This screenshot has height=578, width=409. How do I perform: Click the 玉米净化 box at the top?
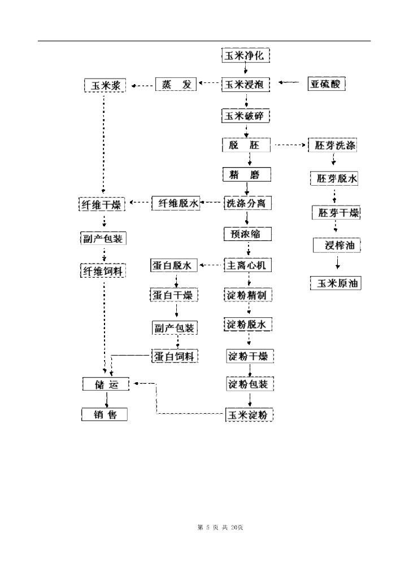point(245,55)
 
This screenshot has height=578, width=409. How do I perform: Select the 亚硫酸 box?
point(327,85)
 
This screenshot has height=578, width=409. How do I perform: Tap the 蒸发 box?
point(175,85)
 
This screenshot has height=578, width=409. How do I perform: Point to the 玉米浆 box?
point(105,86)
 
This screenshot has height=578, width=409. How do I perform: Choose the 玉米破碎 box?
point(245,116)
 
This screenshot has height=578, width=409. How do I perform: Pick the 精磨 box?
point(247,174)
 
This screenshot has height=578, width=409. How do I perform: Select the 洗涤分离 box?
point(247,204)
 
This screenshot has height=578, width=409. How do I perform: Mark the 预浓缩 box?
point(247,234)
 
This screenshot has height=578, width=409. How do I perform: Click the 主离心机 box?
point(249,264)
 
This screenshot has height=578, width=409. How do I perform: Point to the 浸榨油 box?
point(337,246)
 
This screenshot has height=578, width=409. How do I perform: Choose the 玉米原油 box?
point(336,283)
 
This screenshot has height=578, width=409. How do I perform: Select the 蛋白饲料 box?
point(174,356)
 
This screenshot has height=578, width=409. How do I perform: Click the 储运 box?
point(105,385)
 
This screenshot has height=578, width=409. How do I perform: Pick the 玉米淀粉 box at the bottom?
point(249,415)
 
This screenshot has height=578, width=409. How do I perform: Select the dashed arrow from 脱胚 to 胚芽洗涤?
point(289,145)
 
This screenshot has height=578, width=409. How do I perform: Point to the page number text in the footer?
point(220,528)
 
